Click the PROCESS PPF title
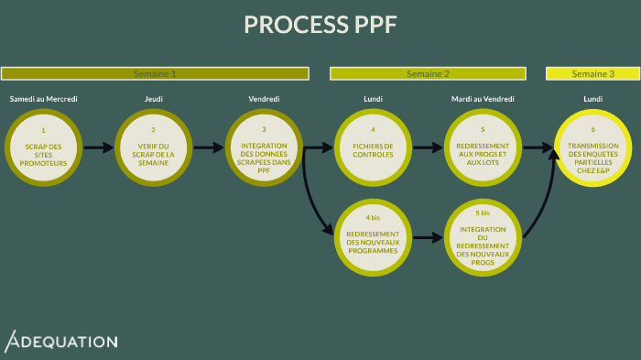click(x=320, y=25)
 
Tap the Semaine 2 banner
click(x=428, y=73)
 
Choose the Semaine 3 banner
click(x=592, y=73)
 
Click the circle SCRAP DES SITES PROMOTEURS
click(x=43, y=147)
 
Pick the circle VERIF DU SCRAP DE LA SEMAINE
click(x=153, y=147)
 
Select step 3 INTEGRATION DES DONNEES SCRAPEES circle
click(x=264, y=147)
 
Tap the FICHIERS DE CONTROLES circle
click(x=373, y=147)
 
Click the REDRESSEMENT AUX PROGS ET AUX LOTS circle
click(x=483, y=147)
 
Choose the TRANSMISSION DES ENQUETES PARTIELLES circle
click(x=592, y=147)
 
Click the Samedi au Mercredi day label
click(x=43, y=99)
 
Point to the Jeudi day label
click(x=153, y=99)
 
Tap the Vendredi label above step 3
click(x=264, y=99)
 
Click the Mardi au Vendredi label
click(x=483, y=99)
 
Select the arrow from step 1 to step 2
click(x=98, y=147)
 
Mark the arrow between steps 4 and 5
click(x=428, y=147)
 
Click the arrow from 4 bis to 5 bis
click(x=428, y=237)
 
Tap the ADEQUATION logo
click(x=61, y=342)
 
